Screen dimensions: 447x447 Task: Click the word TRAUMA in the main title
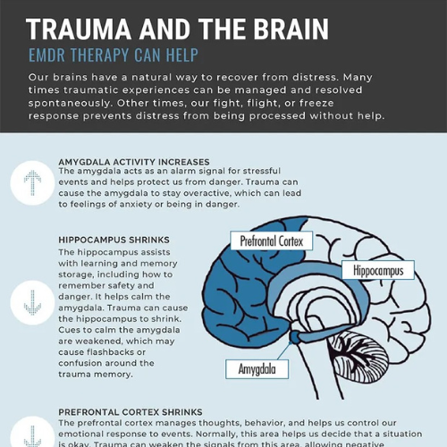pos(79,29)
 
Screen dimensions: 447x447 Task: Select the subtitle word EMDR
pos(46,55)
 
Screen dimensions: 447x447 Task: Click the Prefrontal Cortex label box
pos(272,240)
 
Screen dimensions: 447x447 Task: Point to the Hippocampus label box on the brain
pos(378,270)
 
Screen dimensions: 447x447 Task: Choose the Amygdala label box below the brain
pos(257,369)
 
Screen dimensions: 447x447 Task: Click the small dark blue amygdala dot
pos(295,337)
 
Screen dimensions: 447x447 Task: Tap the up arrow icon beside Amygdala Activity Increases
pos(32,183)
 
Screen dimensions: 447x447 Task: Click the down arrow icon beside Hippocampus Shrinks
pos(32,302)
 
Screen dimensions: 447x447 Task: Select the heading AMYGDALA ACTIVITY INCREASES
pos(134,162)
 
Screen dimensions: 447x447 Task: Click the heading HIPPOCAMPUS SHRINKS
pos(114,240)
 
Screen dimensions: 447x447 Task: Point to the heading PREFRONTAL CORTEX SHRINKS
pos(131,412)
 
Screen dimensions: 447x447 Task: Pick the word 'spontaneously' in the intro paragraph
pos(70,104)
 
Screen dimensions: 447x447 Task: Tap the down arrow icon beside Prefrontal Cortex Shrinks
pos(32,436)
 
